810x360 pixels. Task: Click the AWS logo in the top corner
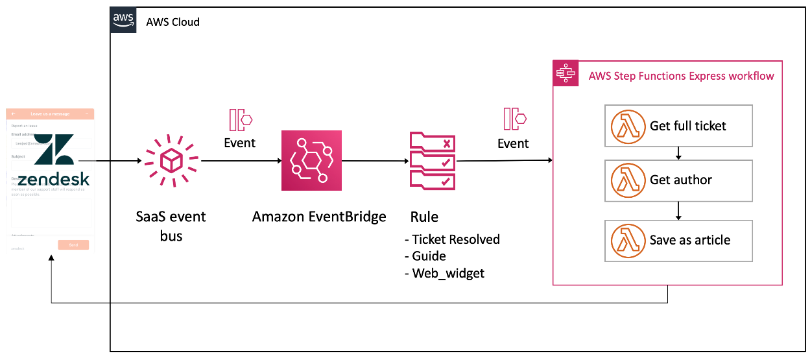(123, 20)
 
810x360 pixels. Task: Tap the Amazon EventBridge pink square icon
(311, 160)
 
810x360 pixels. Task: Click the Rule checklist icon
(432, 160)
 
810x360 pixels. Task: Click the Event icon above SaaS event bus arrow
(240, 120)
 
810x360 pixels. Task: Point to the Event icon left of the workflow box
(514, 119)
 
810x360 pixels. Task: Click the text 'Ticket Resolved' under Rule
(455, 239)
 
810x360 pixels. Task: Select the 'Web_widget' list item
(447, 273)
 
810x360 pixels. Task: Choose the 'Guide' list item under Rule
(429, 256)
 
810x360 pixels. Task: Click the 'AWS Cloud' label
(173, 22)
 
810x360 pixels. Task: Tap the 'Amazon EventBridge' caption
(319, 217)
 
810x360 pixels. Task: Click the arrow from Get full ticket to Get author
(678, 153)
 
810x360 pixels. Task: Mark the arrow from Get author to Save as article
(678, 211)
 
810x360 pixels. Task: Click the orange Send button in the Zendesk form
(73, 245)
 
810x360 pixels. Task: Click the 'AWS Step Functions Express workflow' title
(681, 76)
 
